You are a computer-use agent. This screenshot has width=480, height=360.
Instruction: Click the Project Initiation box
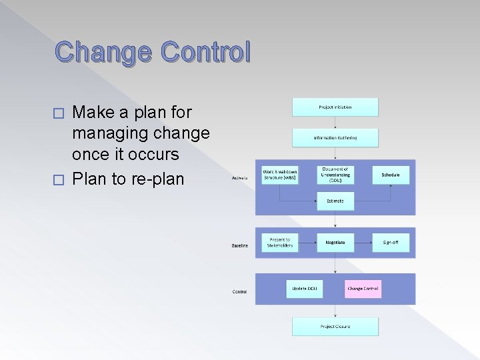(335, 107)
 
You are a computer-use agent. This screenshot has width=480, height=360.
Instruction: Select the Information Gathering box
(335, 138)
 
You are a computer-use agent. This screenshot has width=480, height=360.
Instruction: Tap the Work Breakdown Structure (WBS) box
(279, 175)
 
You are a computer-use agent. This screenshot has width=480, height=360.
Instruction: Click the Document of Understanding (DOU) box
(335, 175)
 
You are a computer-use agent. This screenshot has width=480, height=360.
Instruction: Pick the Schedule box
(390, 175)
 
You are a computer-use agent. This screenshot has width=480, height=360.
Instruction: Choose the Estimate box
(335, 201)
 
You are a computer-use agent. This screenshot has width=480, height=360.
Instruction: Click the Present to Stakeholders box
(279, 243)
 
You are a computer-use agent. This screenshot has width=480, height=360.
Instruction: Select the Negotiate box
(335, 243)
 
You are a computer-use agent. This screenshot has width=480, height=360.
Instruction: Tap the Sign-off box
(390, 243)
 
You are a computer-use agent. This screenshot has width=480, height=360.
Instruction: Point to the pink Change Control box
(363, 289)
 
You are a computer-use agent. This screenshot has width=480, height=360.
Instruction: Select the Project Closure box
(335, 326)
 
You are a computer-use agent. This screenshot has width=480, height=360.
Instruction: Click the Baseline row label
(240, 245)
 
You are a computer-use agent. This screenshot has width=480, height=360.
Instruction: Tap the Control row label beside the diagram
(239, 291)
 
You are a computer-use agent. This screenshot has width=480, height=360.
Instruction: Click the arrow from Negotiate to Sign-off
(363, 243)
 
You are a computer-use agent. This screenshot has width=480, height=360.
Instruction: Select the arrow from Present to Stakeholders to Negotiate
(307, 243)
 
